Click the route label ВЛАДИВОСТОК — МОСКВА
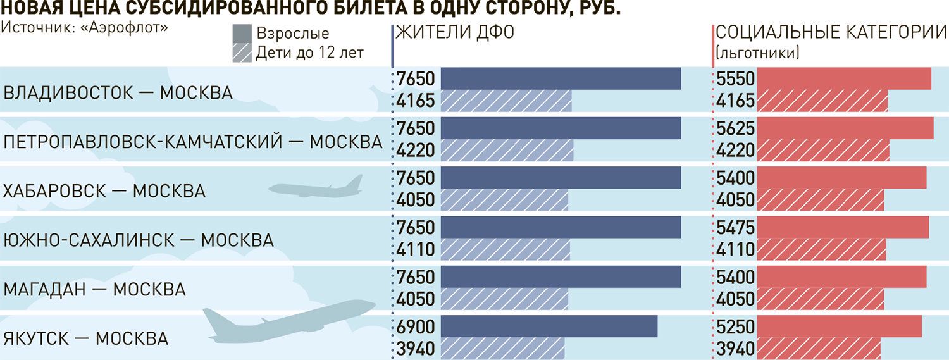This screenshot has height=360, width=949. pos(118,93)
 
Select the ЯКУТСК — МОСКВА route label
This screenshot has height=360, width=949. pos(86,338)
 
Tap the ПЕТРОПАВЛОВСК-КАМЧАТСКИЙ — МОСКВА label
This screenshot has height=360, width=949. pos(193,142)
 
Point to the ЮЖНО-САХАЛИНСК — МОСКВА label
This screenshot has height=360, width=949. pos(139,240)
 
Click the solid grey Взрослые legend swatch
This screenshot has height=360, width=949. pos(242,34)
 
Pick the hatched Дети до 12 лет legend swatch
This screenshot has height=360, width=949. pos(242,52)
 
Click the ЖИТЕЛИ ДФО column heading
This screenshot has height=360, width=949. pos(455,33)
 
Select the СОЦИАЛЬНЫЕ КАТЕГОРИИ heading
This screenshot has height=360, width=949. pos(831,33)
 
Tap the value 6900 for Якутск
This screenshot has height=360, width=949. pos(417,327)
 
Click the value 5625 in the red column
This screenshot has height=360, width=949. pos(736,129)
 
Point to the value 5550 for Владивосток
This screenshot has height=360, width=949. pos(736,79)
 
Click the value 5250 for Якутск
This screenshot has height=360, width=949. pos(736,327)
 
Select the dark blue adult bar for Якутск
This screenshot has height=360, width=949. pos(549,326)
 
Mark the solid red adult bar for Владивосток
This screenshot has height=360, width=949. pos(844,79)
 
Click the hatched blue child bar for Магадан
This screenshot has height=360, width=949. pos(504,299)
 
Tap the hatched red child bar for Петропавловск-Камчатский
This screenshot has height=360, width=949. pos(823,151)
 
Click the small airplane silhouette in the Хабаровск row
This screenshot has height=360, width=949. pos(316,187)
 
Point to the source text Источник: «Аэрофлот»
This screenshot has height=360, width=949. pos(85,28)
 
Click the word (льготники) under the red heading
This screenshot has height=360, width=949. pos(757,53)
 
